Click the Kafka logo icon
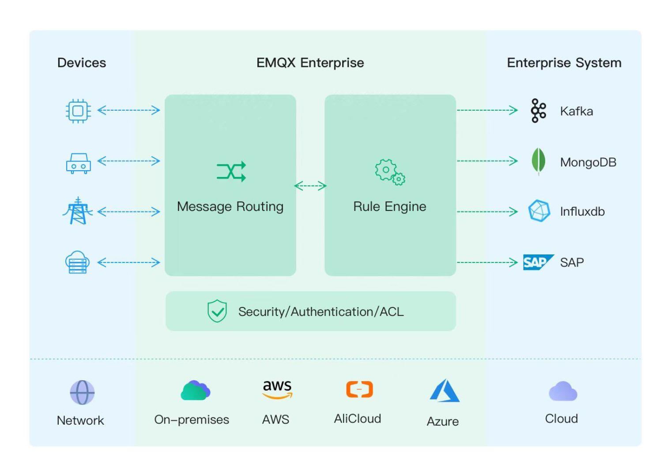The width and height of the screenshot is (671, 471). pos(539,110)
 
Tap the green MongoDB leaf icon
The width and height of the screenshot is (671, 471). pos(538,161)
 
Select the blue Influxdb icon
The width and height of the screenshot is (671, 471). pos(539,211)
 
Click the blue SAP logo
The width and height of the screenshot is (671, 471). pos(537,262)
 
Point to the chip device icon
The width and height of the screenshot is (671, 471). pos(78,110)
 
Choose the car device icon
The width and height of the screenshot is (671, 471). pos(78,163)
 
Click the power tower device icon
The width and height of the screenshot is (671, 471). pos(78,211)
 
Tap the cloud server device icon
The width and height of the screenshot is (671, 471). pos(78,262)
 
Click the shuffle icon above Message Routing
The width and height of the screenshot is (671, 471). pos(231,172)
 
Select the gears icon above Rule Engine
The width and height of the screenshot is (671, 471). pos(390,172)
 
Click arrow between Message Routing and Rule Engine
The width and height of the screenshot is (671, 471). pos(310,186)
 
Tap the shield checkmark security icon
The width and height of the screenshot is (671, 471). pos(217,311)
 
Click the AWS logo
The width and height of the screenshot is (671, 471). pos(277,389)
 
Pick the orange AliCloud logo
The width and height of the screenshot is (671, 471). pos(359,389)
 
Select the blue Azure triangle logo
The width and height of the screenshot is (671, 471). pos(445,391)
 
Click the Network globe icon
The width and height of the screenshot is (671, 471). pos(82,392)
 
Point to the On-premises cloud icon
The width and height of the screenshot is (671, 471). pos(195,391)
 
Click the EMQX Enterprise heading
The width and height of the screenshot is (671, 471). pos(310,63)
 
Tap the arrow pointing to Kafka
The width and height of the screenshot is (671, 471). pos(487,110)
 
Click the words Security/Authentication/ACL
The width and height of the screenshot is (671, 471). pos(321,312)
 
